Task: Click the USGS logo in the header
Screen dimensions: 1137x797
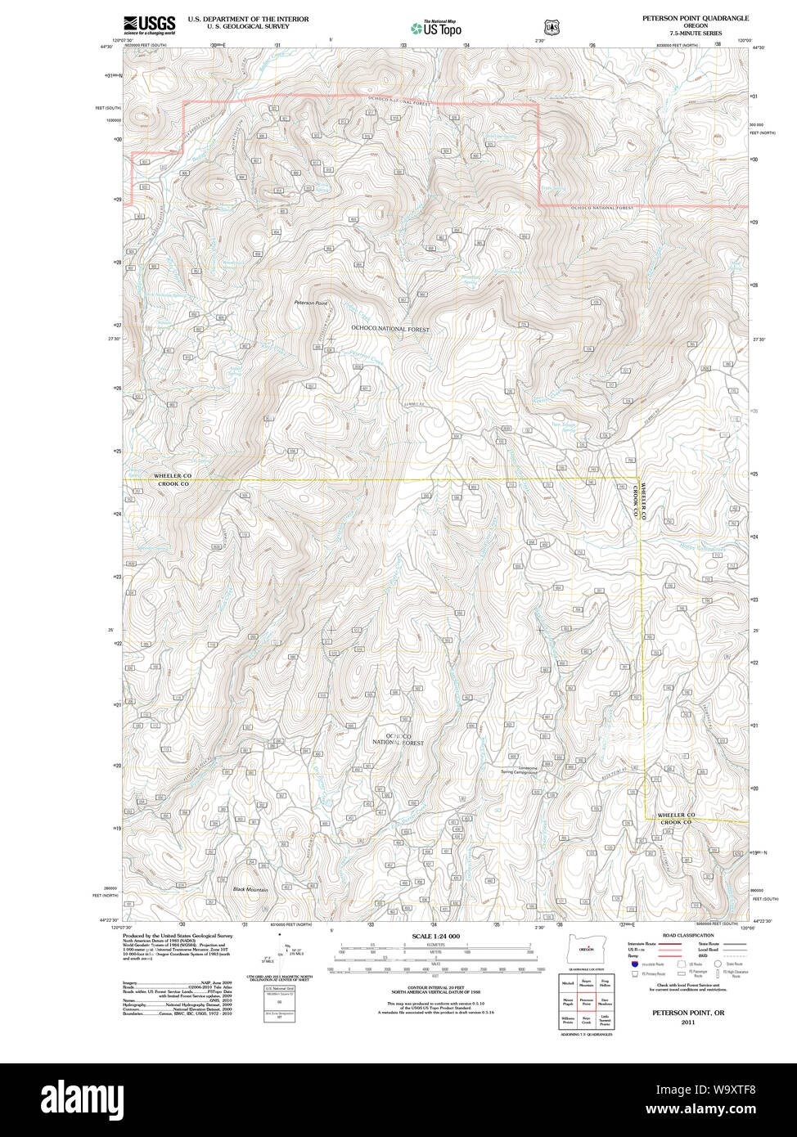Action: pyautogui.click(x=149, y=24)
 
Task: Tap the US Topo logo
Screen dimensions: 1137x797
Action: pyautogui.click(x=436, y=29)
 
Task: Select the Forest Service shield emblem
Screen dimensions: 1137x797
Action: pyautogui.click(x=552, y=28)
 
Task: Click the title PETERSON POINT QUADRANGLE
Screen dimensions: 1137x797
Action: pyautogui.click(x=695, y=18)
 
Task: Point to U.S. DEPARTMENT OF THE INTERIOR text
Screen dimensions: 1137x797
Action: pyautogui.click(x=248, y=19)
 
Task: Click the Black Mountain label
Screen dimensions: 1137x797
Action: pyautogui.click(x=250, y=889)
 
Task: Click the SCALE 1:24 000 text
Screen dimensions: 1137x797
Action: pyautogui.click(x=435, y=937)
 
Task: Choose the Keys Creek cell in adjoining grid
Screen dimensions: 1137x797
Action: pyautogui.click(x=586, y=1021)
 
